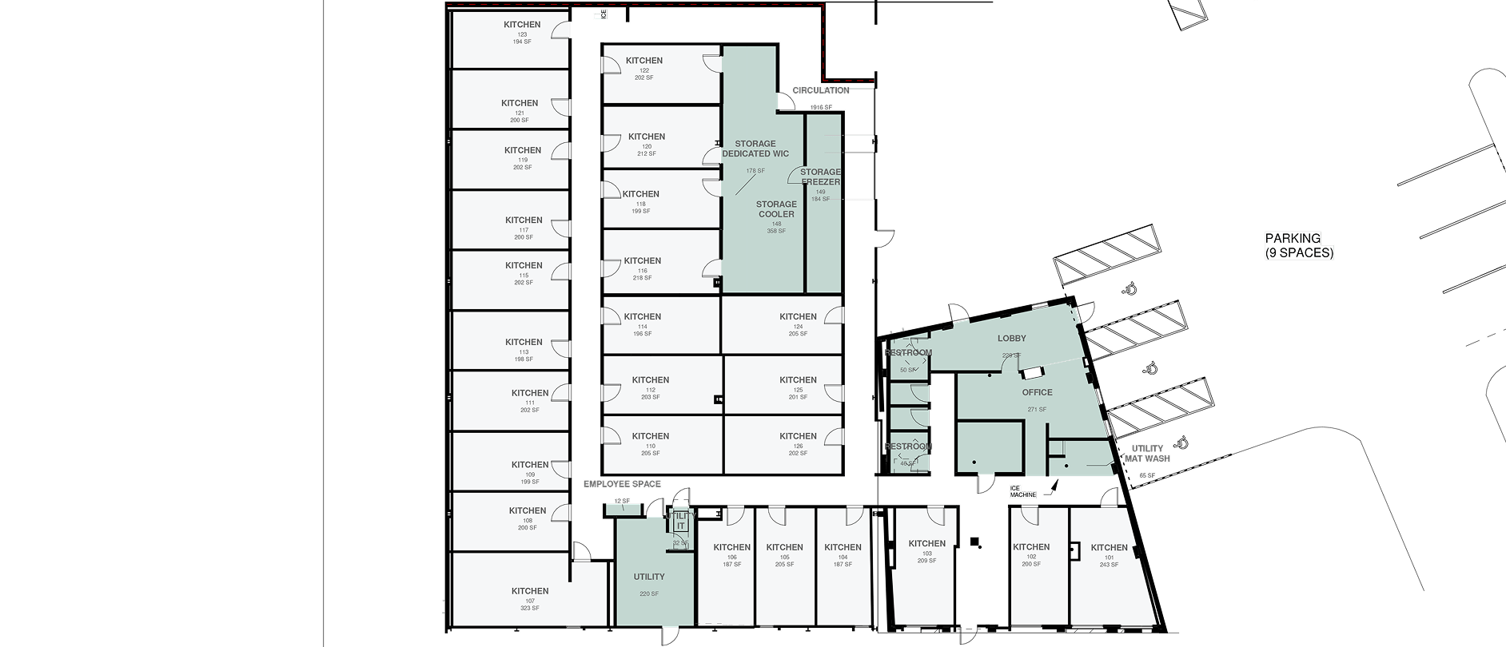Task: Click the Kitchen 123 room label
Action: coord(522,25)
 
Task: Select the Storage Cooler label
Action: coord(776,209)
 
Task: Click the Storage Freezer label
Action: coord(820,177)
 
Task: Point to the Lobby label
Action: coord(1011,339)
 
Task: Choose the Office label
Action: coord(1037,392)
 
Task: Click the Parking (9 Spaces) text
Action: coord(1299,245)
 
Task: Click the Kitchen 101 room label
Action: coord(1109,548)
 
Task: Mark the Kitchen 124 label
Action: coord(798,317)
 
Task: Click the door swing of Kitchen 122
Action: coord(711,63)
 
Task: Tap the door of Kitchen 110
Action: coord(612,435)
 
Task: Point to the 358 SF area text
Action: coord(776,231)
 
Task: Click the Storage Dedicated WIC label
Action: coord(755,149)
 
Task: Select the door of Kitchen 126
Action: coord(833,436)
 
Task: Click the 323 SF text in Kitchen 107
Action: coord(529,609)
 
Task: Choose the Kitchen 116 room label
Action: coord(642,261)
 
